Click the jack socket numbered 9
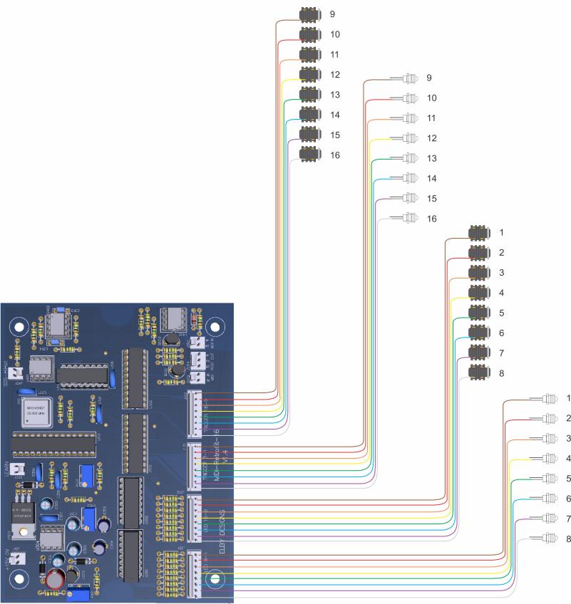309,14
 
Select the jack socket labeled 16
309,153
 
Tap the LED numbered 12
411,138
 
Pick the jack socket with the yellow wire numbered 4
478,293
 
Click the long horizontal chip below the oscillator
53,444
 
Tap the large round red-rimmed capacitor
54,576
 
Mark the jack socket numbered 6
478,333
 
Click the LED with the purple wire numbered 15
411,198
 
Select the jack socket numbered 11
309,53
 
